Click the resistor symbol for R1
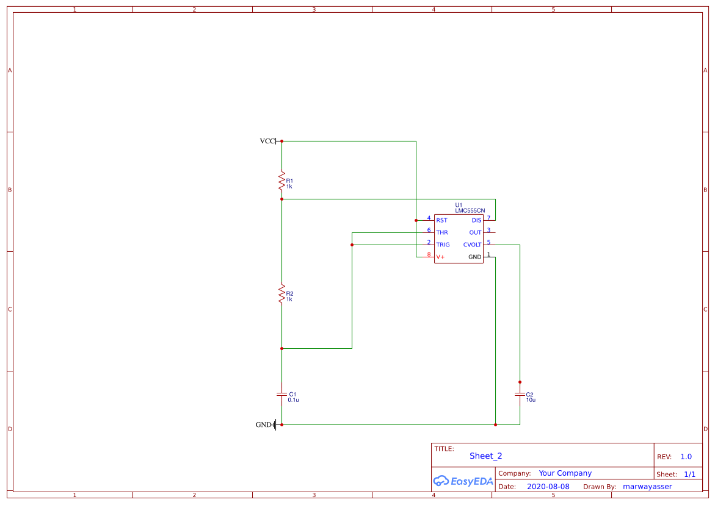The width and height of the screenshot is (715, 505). [x=281, y=182]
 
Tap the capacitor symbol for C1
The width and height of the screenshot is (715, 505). [x=281, y=395]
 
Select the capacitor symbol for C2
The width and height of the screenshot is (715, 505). [x=520, y=395]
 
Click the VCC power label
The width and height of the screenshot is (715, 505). [x=267, y=141]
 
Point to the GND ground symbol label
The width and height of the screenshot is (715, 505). [x=263, y=424]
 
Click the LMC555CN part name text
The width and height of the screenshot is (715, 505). [x=466, y=210]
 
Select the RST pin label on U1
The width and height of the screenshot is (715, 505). [x=441, y=220]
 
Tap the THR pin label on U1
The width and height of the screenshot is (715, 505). [x=442, y=232]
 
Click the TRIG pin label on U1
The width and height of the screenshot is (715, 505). [x=443, y=245]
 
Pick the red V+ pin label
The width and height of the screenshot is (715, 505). [x=440, y=257]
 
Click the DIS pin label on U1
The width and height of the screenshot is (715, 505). [x=476, y=220]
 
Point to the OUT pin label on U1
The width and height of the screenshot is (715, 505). [x=475, y=232]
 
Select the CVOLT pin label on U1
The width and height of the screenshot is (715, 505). [x=472, y=245]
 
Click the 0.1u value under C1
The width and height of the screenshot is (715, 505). [x=293, y=400]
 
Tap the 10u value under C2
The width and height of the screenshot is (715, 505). [x=531, y=400]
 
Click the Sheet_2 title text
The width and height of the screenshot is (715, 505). [x=485, y=456]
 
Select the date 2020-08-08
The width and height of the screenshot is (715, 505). [x=548, y=486]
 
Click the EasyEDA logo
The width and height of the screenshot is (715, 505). [x=463, y=481]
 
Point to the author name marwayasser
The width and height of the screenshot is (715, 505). [x=647, y=486]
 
